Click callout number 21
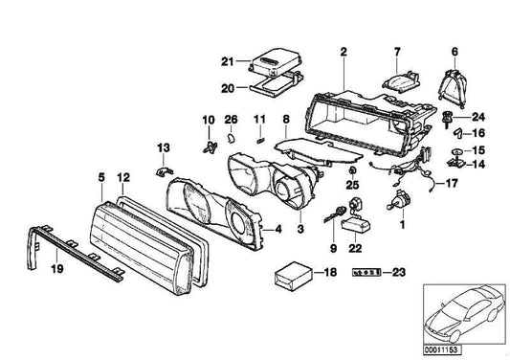226,64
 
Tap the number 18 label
330,273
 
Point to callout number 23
398,273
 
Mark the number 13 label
162,146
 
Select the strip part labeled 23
366,273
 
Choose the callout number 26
230,120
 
